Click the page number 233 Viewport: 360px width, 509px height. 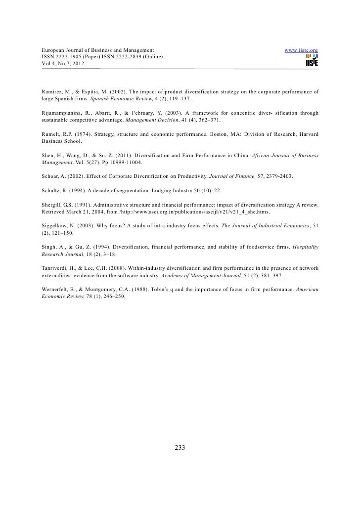(180, 448)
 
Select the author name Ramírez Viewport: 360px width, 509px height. (48, 92)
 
